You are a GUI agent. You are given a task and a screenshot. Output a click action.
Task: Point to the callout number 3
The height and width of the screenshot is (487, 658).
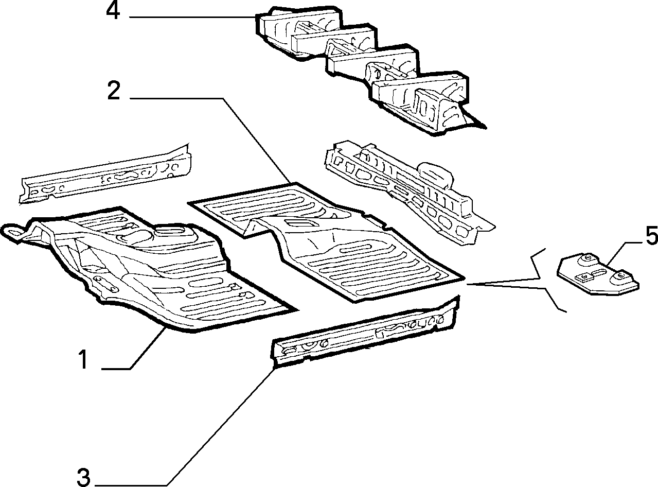[x=84, y=477]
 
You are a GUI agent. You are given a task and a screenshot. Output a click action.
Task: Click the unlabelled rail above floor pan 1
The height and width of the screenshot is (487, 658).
[x=105, y=175]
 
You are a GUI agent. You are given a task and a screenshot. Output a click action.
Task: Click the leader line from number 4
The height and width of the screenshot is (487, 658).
[x=193, y=17]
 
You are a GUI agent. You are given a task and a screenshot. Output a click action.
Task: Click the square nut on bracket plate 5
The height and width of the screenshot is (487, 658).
[x=583, y=277]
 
